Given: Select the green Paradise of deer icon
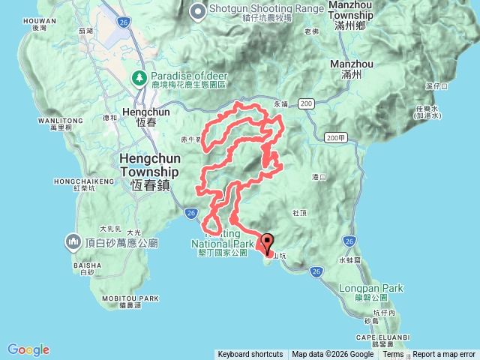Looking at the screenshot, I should tap(139, 77).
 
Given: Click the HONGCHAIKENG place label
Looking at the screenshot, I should tap(78, 181).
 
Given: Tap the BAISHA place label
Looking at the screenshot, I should tap(82, 265).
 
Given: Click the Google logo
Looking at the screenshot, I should tap(28, 349).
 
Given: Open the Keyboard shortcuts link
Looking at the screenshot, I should tap(250, 355).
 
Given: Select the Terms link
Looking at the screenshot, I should tap(393, 355).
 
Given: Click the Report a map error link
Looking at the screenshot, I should tap(444, 355).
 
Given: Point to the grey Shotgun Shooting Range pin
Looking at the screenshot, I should tap(198, 10).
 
